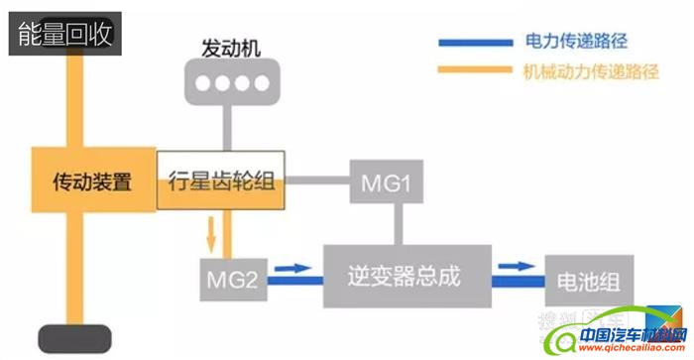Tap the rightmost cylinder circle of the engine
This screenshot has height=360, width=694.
(x=260, y=85)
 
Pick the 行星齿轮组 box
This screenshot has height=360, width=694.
(x=219, y=182)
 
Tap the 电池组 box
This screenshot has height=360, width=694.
(x=587, y=277)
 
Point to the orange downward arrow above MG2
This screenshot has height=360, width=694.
(x=210, y=236)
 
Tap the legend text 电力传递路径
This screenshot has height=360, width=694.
(x=577, y=43)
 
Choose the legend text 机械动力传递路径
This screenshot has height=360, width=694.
(x=593, y=71)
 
